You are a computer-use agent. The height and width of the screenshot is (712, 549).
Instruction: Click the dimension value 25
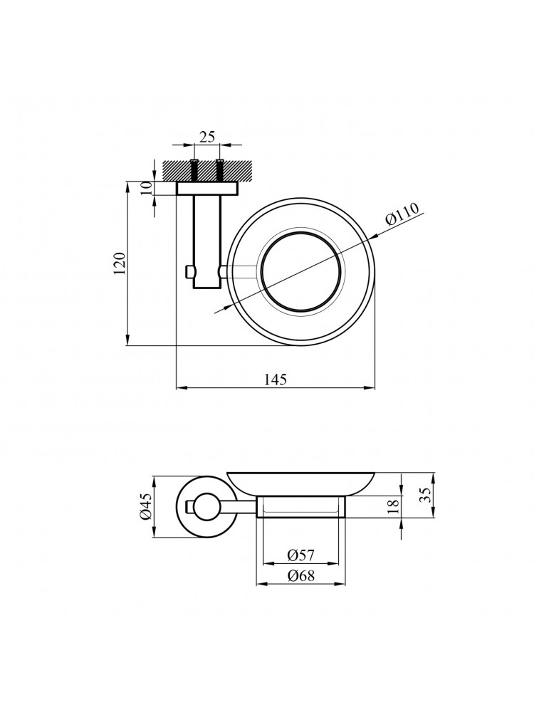click(206, 136)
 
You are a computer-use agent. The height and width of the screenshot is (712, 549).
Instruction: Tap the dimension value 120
click(120, 263)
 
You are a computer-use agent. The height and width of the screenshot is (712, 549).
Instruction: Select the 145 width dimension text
click(276, 379)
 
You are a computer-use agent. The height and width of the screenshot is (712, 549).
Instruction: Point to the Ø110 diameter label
click(402, 214)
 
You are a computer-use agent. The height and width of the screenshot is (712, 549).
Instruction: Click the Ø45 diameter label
click(145, 507)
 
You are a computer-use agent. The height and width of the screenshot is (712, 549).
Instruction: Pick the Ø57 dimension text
click(300, 555)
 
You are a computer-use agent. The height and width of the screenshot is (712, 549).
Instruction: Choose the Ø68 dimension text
click(300, 576)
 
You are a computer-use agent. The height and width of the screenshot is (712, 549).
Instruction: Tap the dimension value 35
click(424, 495)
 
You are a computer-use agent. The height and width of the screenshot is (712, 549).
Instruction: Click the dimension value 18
click(394, 506)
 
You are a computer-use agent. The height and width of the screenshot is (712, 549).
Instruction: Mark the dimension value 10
click(145, 188)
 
